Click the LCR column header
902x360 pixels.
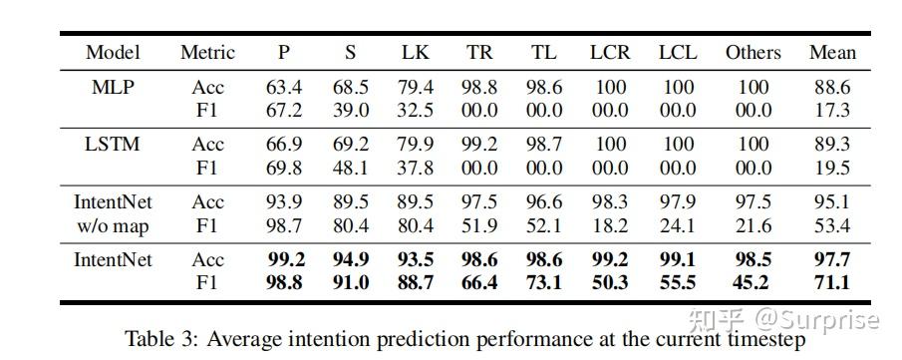pos(609,52)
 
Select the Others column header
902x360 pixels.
pos(752,52)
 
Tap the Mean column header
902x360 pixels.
pos(831,52)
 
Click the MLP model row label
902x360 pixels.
pos(112,87)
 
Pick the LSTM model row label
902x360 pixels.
pos(112,145)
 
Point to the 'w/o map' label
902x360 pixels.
pos(112,225)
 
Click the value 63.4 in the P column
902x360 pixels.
pos(283,87)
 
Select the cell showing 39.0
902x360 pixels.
pos(350,110)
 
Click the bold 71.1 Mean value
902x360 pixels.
pos(831,282)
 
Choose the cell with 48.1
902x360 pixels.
pos(350,168)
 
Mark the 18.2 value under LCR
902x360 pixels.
pos(609,225)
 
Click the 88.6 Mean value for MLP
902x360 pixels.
pos(831,87)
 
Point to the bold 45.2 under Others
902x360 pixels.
pos(752,282)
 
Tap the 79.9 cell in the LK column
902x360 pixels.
pos(415,145)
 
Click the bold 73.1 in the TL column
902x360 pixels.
pos(543,282)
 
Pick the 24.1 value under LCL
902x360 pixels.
pos(678,225)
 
